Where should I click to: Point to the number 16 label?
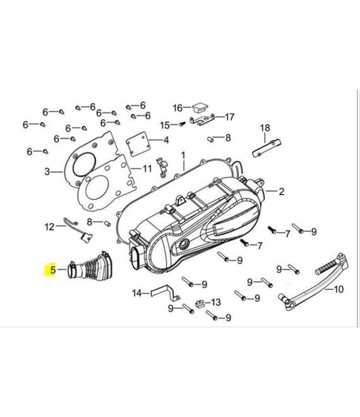tap(177, 107)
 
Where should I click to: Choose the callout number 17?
tap(229, 116)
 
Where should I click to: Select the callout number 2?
tap(282, 191)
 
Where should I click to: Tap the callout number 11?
tap(147, 169)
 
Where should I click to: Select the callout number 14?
tap(136, 293)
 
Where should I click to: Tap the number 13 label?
tap(216, 302)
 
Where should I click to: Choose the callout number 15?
tap(165, 124)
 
